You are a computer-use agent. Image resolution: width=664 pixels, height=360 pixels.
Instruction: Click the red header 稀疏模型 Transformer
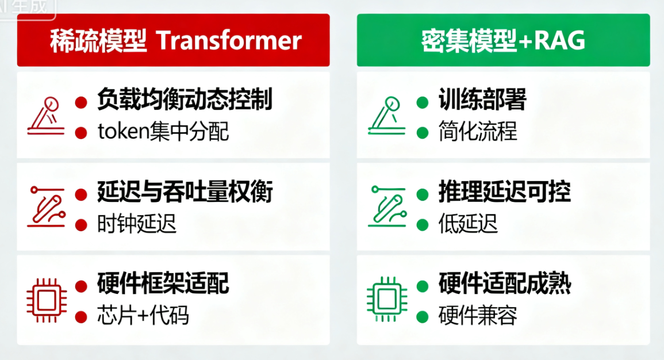click(174, 40)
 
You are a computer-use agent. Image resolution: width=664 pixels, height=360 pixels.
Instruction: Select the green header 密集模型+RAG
click(503, 40)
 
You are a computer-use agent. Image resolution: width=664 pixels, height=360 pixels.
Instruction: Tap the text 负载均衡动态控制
click(184, 100)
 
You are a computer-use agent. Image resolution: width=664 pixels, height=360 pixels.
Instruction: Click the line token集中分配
click(163, 132)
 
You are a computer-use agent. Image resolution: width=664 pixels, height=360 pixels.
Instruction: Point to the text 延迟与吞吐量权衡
click(184, 192)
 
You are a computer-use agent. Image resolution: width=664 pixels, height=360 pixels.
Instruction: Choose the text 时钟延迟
click(137, 224)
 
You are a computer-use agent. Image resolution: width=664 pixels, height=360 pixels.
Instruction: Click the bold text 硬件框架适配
click(163, 283)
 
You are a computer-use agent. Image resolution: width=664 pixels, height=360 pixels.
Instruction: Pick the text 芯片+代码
click(143, 315)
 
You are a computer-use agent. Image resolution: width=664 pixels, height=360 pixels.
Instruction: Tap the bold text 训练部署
click(482, 100)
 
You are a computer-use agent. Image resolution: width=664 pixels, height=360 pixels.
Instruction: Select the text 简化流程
click(478, 132)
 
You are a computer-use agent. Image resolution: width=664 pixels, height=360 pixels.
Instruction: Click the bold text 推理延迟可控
click(504, 192)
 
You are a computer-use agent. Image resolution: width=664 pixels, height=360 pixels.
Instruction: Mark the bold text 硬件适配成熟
click(504, 283)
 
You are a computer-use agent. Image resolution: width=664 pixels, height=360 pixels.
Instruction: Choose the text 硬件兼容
click(478, 315)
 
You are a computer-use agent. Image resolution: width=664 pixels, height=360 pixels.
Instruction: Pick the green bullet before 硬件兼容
click(423, 315)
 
